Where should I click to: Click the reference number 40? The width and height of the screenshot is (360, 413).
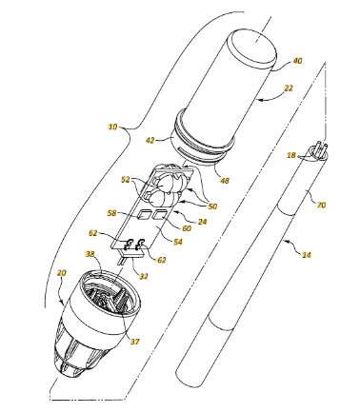297,61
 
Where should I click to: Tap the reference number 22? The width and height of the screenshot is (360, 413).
288,88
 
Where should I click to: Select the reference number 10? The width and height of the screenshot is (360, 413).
112,127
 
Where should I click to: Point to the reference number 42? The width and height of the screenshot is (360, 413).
150,140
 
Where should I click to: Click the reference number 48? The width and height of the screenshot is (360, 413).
225,181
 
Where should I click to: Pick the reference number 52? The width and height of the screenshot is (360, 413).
126,179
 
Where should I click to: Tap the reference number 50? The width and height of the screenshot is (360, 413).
212,206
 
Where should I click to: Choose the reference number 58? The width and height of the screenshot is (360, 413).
112,213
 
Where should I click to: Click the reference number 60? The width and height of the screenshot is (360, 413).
187,228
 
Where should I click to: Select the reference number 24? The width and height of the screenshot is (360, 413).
202,222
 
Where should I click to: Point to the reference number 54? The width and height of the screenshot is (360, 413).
178,242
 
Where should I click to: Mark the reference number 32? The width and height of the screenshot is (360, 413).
144,276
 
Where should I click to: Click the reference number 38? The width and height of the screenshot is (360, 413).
90,254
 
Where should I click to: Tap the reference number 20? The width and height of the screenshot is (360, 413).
62,273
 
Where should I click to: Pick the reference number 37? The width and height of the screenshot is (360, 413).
134,342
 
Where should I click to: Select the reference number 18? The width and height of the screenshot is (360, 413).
291,155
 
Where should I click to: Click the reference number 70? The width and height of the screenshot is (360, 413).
321,206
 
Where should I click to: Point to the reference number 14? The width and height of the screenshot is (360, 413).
307,254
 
